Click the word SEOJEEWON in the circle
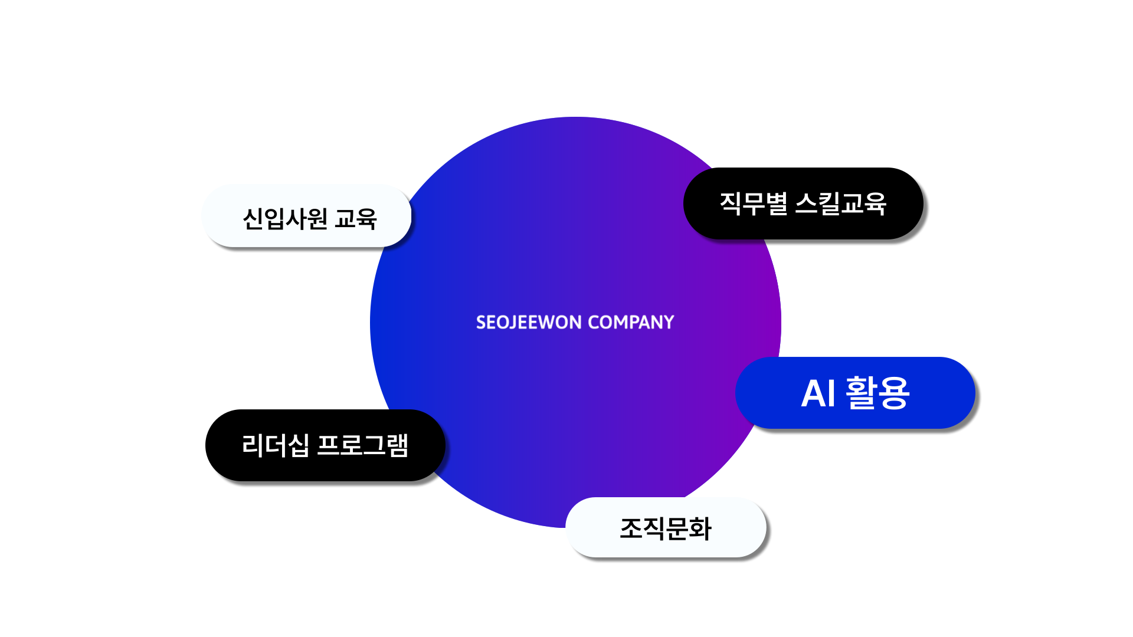[529, 322]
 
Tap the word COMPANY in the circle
[631, 322]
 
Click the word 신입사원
[285, 219]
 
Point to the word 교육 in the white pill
[355, 219]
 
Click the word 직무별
[753, 203]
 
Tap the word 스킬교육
[840, 203]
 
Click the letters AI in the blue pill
[818, 393]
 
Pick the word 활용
[877, 393]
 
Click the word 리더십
[275, 445]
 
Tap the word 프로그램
[362, 445]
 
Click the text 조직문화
[665, 528]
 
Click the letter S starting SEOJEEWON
[481, 322]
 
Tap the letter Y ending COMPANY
[669, 322]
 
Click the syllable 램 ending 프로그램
[398, 445]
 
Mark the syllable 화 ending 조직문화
[700, 528]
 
